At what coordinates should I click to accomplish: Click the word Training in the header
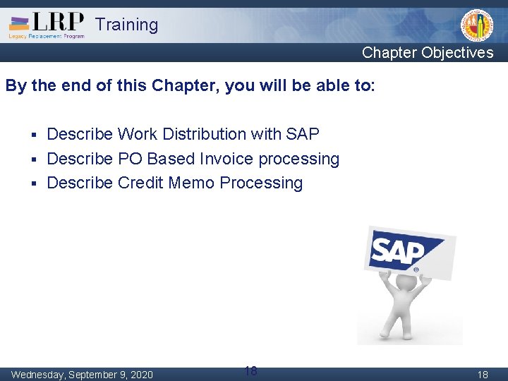tap(127, 25)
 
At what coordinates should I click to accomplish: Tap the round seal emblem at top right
tap(477, 26)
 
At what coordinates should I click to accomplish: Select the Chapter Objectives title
tap(428, 53)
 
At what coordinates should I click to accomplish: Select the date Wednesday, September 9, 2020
tap(82, 374)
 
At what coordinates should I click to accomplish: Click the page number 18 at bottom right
tap(483, 375)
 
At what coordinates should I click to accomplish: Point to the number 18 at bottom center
tap(250, 370)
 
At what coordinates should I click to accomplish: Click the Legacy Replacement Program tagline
tap(47, 36)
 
